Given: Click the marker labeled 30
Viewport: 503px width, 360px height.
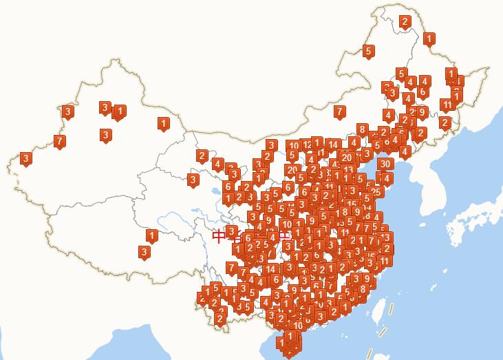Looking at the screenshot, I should [385, 164].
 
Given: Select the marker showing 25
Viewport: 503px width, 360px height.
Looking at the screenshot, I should [376, 192].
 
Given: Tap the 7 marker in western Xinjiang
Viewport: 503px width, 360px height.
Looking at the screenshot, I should [60, 141].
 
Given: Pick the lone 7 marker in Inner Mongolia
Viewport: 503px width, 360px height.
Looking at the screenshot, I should [339, 111].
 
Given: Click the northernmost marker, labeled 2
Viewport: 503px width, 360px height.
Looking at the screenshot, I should [405, 21].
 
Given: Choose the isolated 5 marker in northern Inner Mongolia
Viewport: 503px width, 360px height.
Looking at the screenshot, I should [368, 51].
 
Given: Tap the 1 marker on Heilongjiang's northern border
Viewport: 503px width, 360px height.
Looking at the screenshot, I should [429, 39].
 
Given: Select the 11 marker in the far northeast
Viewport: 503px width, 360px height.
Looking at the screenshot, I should [447, 105].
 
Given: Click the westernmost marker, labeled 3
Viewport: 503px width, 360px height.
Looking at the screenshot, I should [26, 159].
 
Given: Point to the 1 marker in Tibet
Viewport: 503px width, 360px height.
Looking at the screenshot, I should [151, 236].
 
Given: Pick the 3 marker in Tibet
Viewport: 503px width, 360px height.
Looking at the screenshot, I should [144, 252].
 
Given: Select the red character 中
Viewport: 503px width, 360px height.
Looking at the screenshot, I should [219, 237].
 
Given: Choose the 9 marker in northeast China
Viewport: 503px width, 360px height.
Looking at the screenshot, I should [422, 112].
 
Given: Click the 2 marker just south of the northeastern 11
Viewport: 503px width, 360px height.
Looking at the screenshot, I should [445, 123].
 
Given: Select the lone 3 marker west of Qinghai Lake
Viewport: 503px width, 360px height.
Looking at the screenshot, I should [193, 180].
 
